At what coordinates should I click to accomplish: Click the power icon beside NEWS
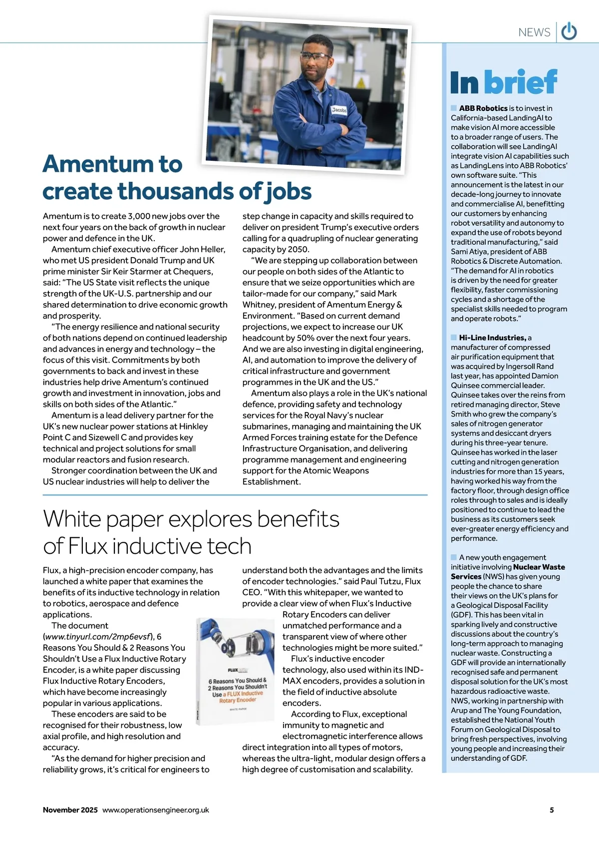(x=569, y=32)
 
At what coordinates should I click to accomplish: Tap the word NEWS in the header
(x=534, y=32)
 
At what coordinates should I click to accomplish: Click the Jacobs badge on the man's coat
(x=339, y=110)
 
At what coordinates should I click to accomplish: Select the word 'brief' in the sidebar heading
(x=521, y=82)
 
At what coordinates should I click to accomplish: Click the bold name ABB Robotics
(x=483, y=108)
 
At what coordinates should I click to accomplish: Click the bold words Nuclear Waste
(x=539, y=567)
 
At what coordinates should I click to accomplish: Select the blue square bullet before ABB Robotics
(x=454, y=108)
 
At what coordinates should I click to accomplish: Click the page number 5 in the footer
(x=552, y=810)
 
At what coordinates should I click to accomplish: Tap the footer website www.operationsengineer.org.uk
(x=156, y=810)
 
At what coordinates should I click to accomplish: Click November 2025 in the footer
(x=70, y=810)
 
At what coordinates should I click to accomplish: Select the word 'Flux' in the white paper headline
(x=87, y=546)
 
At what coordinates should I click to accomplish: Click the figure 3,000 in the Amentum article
(x=140, y=216)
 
